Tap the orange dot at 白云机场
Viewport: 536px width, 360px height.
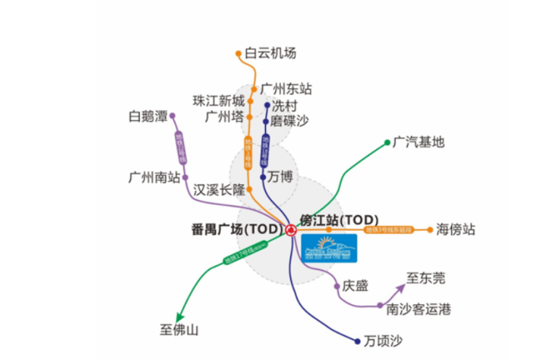(x=238, y=53)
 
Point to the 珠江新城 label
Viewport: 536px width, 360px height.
(x=218, y=100)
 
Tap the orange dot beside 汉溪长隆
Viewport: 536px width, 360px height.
(x=249, y=189)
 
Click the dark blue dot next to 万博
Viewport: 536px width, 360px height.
(x=263, y=176)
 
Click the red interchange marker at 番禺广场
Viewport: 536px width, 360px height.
(x=290, y=230)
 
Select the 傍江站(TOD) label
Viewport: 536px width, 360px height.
(x=338, y=218)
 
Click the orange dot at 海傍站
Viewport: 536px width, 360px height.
(x=429, y=230)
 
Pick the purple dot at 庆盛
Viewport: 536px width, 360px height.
(x=337, y=286)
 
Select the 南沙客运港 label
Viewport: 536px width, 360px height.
(x=418, y=309)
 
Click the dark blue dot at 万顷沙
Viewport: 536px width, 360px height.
(x=356, y=340)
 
